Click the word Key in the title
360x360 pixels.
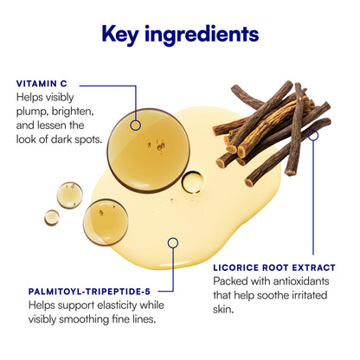(120, 35)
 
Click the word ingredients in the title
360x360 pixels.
(202, 35)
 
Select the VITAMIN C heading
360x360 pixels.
(42, 84)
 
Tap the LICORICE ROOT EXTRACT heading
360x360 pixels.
(274, 267)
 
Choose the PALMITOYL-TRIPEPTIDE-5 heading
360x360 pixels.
(89, 292)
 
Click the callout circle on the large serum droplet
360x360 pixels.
(136, 125)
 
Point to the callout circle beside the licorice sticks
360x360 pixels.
(313, 135)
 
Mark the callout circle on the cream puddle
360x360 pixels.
(173, 243)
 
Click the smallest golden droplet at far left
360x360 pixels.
(52, 217)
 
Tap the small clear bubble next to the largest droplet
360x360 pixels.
(192, 182)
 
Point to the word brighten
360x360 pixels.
(73, 112)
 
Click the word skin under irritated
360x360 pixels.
(223, 309)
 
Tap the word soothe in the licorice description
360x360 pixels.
(273, 295)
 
